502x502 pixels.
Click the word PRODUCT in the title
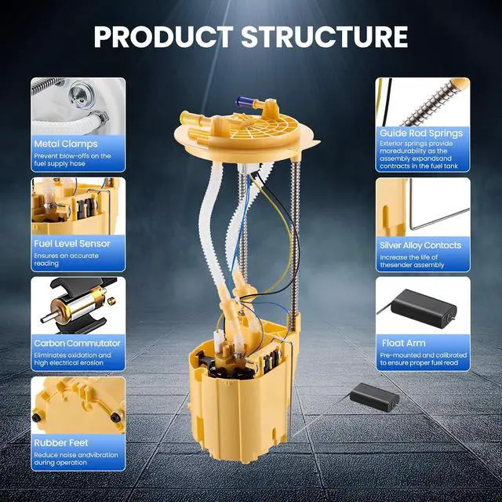point(164,37)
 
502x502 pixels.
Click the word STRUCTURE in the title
point(325,37)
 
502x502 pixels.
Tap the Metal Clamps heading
point(66,144)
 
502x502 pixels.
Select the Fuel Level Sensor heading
point(72,244)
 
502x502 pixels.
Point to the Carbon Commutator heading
point(77,344)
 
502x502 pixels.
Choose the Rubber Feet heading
point(61,442)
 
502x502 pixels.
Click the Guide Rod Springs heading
point(421,133)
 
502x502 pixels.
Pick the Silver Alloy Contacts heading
point(420,246)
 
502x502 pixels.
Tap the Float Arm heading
point(404,344)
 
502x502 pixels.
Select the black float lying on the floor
point(374,398)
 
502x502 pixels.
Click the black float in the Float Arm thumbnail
point(424,308)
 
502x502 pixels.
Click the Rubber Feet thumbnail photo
point(78,406)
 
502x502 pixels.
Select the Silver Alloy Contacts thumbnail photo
point(423,207)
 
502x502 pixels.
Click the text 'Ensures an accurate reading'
point(66,260)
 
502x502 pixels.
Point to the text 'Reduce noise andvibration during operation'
point(76,459)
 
